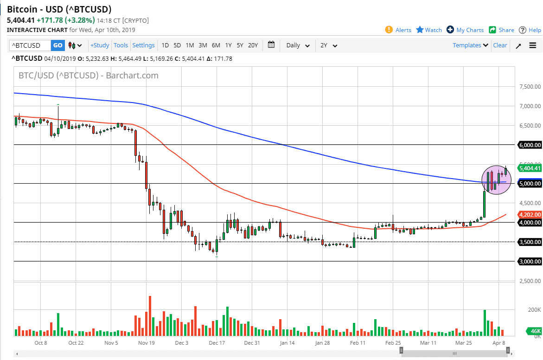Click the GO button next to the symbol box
tap(57, 45)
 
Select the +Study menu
tap(100, 45)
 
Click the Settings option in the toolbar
tap(143, 45)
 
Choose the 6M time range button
tap(216, 45)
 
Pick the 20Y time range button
tap(253, 45)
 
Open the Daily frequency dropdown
tap(298, 45)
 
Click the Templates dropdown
tap(471, 45)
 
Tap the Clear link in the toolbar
tap(500, 45)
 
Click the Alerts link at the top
tap(398, 30)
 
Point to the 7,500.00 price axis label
tap(530, 87)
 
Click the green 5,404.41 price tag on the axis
tap(530, 168)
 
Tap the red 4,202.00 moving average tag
tap(530, 215)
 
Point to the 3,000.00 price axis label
tap(530, 262)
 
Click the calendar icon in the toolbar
tap(271, 45)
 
